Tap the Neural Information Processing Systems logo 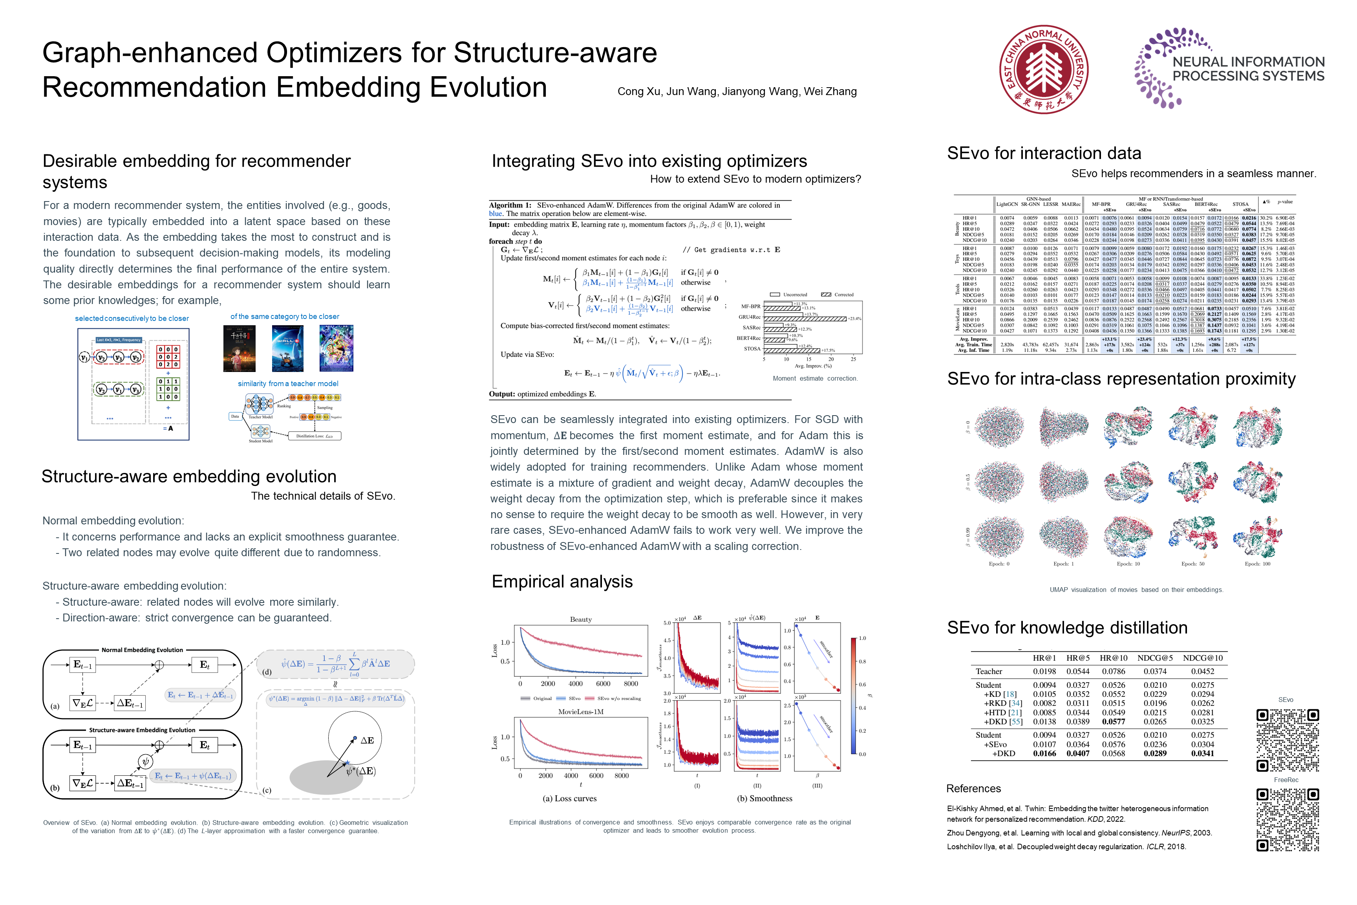click(1229, 68)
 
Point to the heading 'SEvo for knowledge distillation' click(1067, 627)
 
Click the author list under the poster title click(737, 91)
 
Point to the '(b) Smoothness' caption click(764, 798)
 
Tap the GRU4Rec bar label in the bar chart click(750, 317)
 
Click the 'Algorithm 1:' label click(510, 205)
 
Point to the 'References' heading click(973, 788)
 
